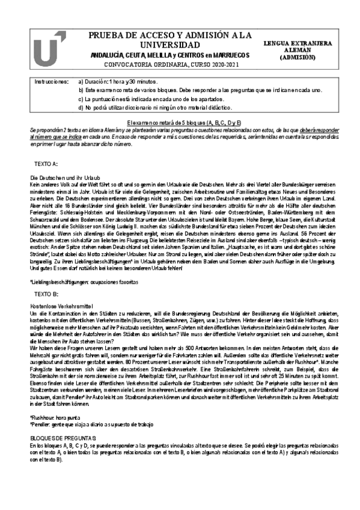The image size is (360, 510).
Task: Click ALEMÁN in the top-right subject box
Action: coord(304,51)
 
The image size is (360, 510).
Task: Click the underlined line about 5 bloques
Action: coord(180,122)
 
